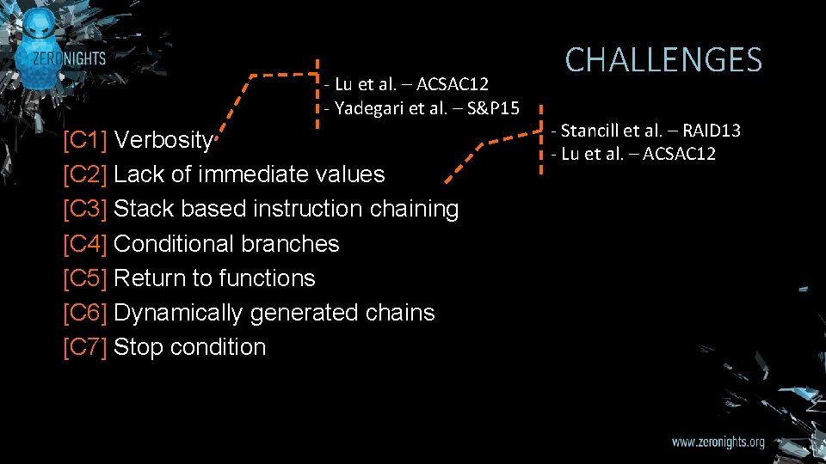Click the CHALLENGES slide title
663,60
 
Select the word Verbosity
163,140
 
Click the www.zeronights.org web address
718,443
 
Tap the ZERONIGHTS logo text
71,59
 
